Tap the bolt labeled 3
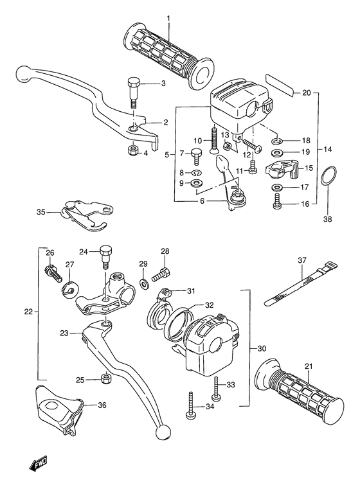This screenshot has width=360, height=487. [133, 89]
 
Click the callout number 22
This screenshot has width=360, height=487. [28, 312]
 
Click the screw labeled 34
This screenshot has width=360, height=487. [190, 406]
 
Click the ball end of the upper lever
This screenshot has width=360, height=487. [24, 71]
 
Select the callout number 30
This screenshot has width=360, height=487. [260, 349]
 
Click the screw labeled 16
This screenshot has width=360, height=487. [277, 204]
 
